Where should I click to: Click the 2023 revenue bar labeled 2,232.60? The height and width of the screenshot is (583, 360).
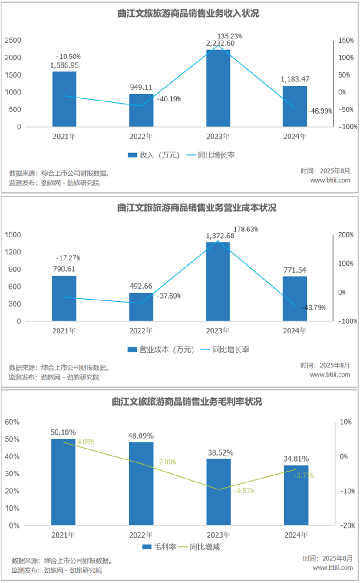(x=218, y=87)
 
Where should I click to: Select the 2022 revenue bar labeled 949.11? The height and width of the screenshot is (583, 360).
(x=141, y=110)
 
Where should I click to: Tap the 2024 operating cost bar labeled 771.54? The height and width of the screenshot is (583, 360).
(x=295, y=299)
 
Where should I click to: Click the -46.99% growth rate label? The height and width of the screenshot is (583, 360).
(x=320, y=111)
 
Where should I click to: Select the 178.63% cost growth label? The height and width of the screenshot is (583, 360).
(x=245, y=228)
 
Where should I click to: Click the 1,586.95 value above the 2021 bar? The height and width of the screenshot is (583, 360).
(x=65, y=65)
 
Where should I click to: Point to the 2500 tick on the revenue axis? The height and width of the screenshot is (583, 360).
(x=13, y=40)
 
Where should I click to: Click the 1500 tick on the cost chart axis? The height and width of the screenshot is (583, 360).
(x=13, y=235)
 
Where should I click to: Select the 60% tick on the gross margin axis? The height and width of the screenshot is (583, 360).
(x=11, y=422)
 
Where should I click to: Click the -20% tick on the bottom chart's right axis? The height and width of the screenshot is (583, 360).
(x=347, y=526)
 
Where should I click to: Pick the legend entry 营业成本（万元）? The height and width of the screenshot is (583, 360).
(x=161, y=350)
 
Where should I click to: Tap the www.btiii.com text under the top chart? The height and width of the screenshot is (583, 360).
(x=330, y=180)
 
